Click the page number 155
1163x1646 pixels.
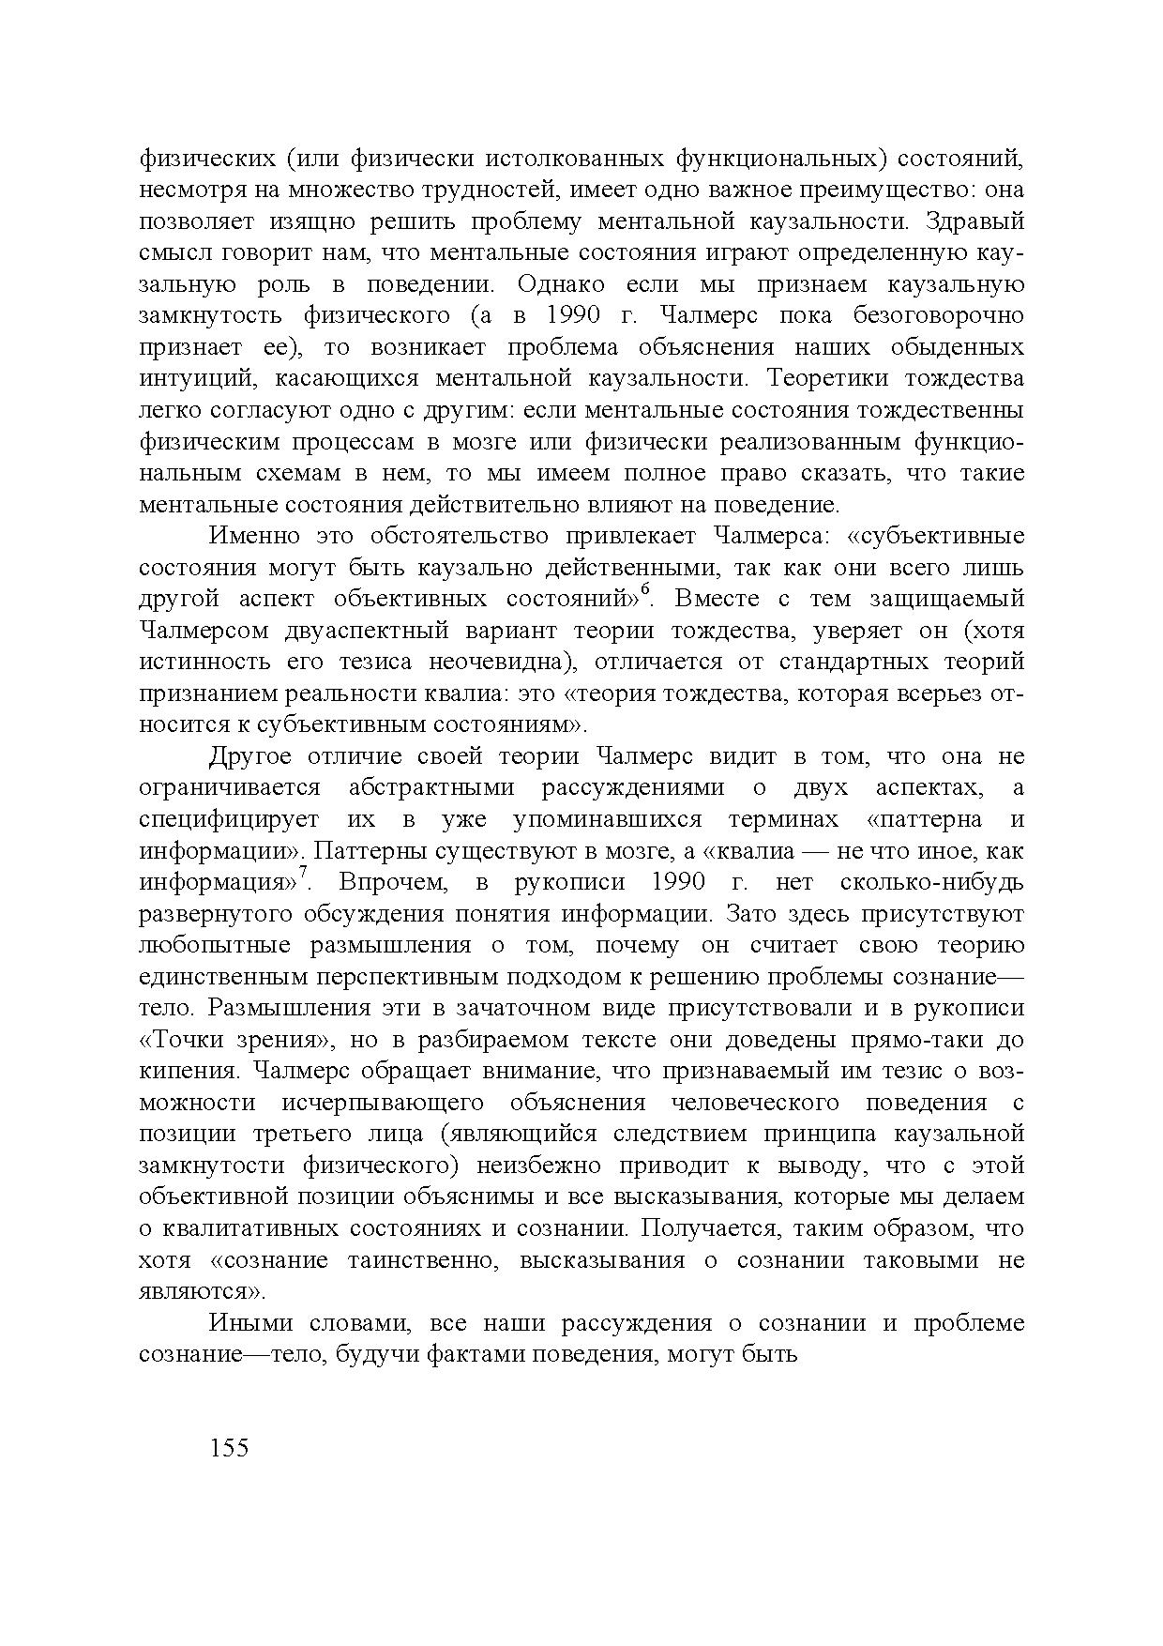[230, 1448]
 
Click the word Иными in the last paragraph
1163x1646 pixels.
[249, 1323]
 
